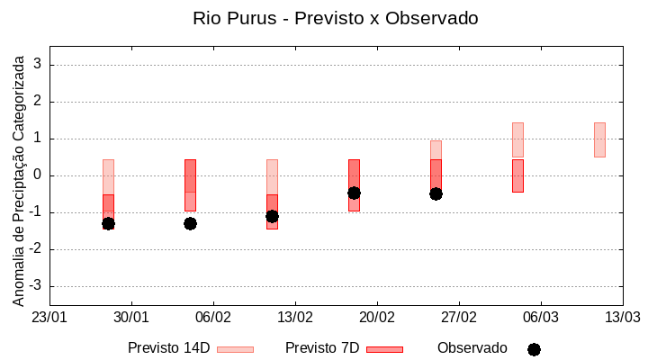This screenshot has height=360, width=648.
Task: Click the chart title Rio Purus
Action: pyautogui.click(x=335, y=18)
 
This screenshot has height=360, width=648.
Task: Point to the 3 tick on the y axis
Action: pyautogui.click(x=39, y=65)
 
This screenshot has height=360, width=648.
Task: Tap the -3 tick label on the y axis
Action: pyautogui.click(x=37, y=286)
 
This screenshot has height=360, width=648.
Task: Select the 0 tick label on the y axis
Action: pyautogui.click(x=39, y=175)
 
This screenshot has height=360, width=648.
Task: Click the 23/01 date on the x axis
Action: pyautogui.click(x=49, y=318)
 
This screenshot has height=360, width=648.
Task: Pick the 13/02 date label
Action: pyautogui.click(x=295, y=318)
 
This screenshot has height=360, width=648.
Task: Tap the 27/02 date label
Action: pyautogui.click(x=459, y=318)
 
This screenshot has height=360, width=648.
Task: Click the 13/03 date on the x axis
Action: pyautogui.click(x=622, y=318)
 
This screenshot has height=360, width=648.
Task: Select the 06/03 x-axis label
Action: pyautogui.click(x=540, y=318)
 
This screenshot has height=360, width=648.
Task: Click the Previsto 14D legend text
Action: pyautogui.click(x=169, y=348)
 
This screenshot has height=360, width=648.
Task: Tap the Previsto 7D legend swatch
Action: pyautogui.click(x=384, y=349)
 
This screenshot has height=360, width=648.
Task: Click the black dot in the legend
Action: pyautogui.click(x=534, y=349)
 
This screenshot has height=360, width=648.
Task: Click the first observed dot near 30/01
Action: pyautogui.click(x=108, y=223)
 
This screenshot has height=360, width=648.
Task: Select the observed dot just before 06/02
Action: pyautogui.click(x=190, y=223)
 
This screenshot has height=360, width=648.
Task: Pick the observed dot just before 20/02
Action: pyautogui.click(x=354, y=193)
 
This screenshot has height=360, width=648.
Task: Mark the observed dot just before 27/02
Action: pyautogui.click(x=436, y=193)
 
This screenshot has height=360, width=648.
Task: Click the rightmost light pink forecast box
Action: pyautogui.click(x=599, y=139)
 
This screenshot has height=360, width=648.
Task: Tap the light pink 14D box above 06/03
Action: pyautogui.click(x=517, y=139)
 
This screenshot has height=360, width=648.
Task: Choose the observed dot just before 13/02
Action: pyautogui.click(x=272, y=216)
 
